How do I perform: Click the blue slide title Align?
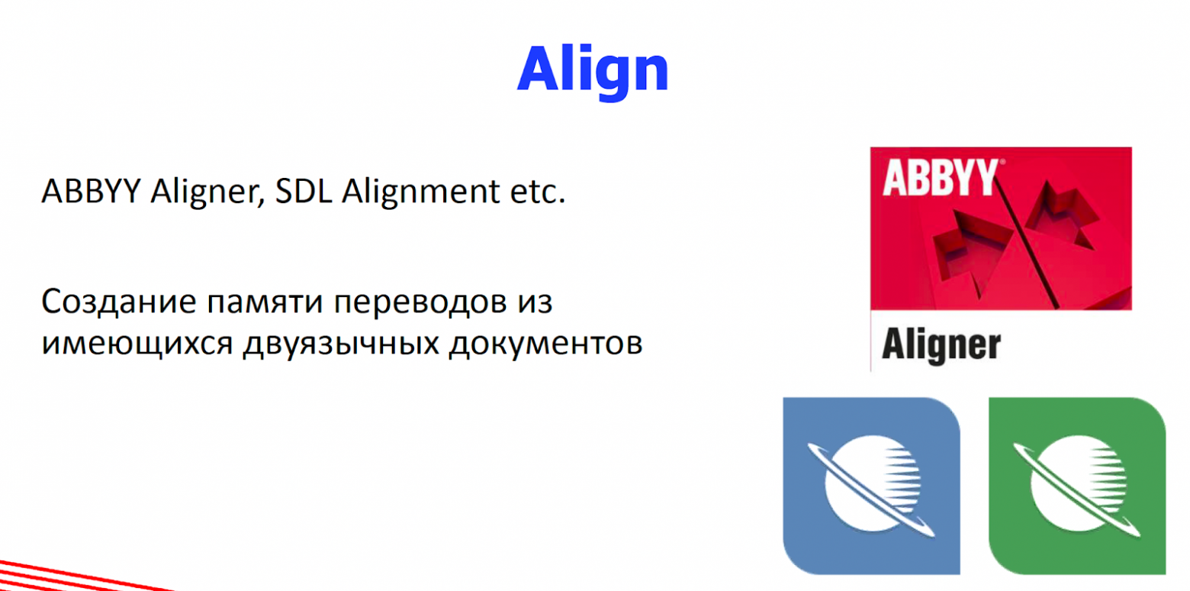[593, 72]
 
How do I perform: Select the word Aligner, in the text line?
[207, 192]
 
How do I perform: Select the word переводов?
[421, 304]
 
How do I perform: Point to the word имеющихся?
[137, 345]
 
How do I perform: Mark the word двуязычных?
[342, 345]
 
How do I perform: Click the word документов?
[546, 344]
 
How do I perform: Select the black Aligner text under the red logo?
[941, 346]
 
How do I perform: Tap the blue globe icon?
[871, 486]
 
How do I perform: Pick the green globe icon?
[1077, 486]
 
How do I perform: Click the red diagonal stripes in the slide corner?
[79, 576]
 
